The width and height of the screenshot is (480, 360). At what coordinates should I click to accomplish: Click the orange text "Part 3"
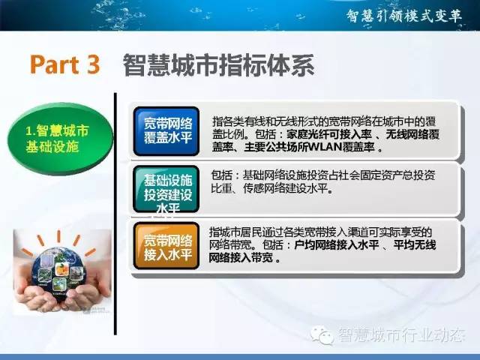tap(65, 64)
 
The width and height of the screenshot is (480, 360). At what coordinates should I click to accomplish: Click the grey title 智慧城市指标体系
tap(218, 65)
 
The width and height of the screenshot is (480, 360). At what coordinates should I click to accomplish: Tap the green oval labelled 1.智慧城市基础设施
tap(60, 138)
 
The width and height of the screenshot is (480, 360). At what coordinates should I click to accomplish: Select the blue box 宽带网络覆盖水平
tap(166, 131)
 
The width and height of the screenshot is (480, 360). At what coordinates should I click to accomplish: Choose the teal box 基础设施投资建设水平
tap(166, 189)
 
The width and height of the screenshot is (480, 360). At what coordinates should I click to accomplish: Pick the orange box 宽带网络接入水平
tap(166, 246)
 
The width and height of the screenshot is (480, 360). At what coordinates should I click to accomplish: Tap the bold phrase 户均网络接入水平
tap(337, 245)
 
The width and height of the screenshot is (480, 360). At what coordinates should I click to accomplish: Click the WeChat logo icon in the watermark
tap(322, 334)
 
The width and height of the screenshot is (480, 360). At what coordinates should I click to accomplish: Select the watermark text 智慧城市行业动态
tap(401, 334)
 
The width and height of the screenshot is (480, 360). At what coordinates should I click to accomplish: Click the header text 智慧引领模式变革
tap(403, 15)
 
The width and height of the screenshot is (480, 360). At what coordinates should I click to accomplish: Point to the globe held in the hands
tap(58, 273)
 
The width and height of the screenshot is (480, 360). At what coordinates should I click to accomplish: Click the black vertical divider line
tap(115, 214)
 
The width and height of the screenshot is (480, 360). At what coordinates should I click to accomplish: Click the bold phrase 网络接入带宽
tap(241, 258)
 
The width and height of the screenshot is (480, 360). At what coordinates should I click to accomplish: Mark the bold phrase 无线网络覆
tap(412, 134)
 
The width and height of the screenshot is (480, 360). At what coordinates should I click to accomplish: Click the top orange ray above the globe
tap(58, 236)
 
